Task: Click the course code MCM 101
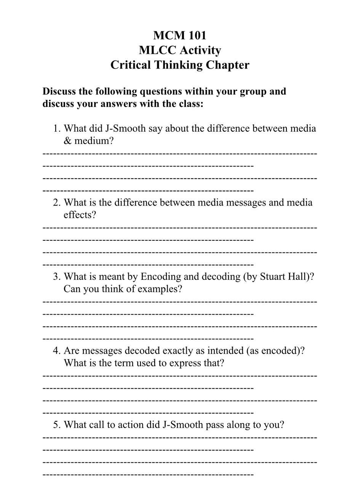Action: tap(180, 35)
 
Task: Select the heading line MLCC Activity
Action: tap(180, 50)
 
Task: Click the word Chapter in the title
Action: tap(228, 65)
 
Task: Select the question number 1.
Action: tap(56, 129)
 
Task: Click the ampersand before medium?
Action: tap(67, 141)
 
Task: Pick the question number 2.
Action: tap(56, 203)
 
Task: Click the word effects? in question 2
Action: tap(80, 215)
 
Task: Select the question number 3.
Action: tap(56, 276)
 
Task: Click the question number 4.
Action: tap(56, 350)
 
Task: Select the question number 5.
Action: tap(56, 425)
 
